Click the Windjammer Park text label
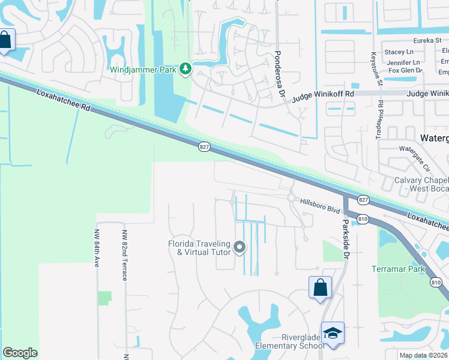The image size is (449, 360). [x=143, y=70]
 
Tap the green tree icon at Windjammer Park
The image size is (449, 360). [x=185, y=70]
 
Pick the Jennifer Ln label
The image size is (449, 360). [x=403, y=62]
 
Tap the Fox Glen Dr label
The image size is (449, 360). [x=406, y=71]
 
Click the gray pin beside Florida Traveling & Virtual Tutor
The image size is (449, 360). [x=240, y=247]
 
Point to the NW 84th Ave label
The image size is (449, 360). [x=97, y=247]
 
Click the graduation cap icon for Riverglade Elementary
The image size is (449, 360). [x=333, y=332]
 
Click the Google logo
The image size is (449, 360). [x=20, y=353]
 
